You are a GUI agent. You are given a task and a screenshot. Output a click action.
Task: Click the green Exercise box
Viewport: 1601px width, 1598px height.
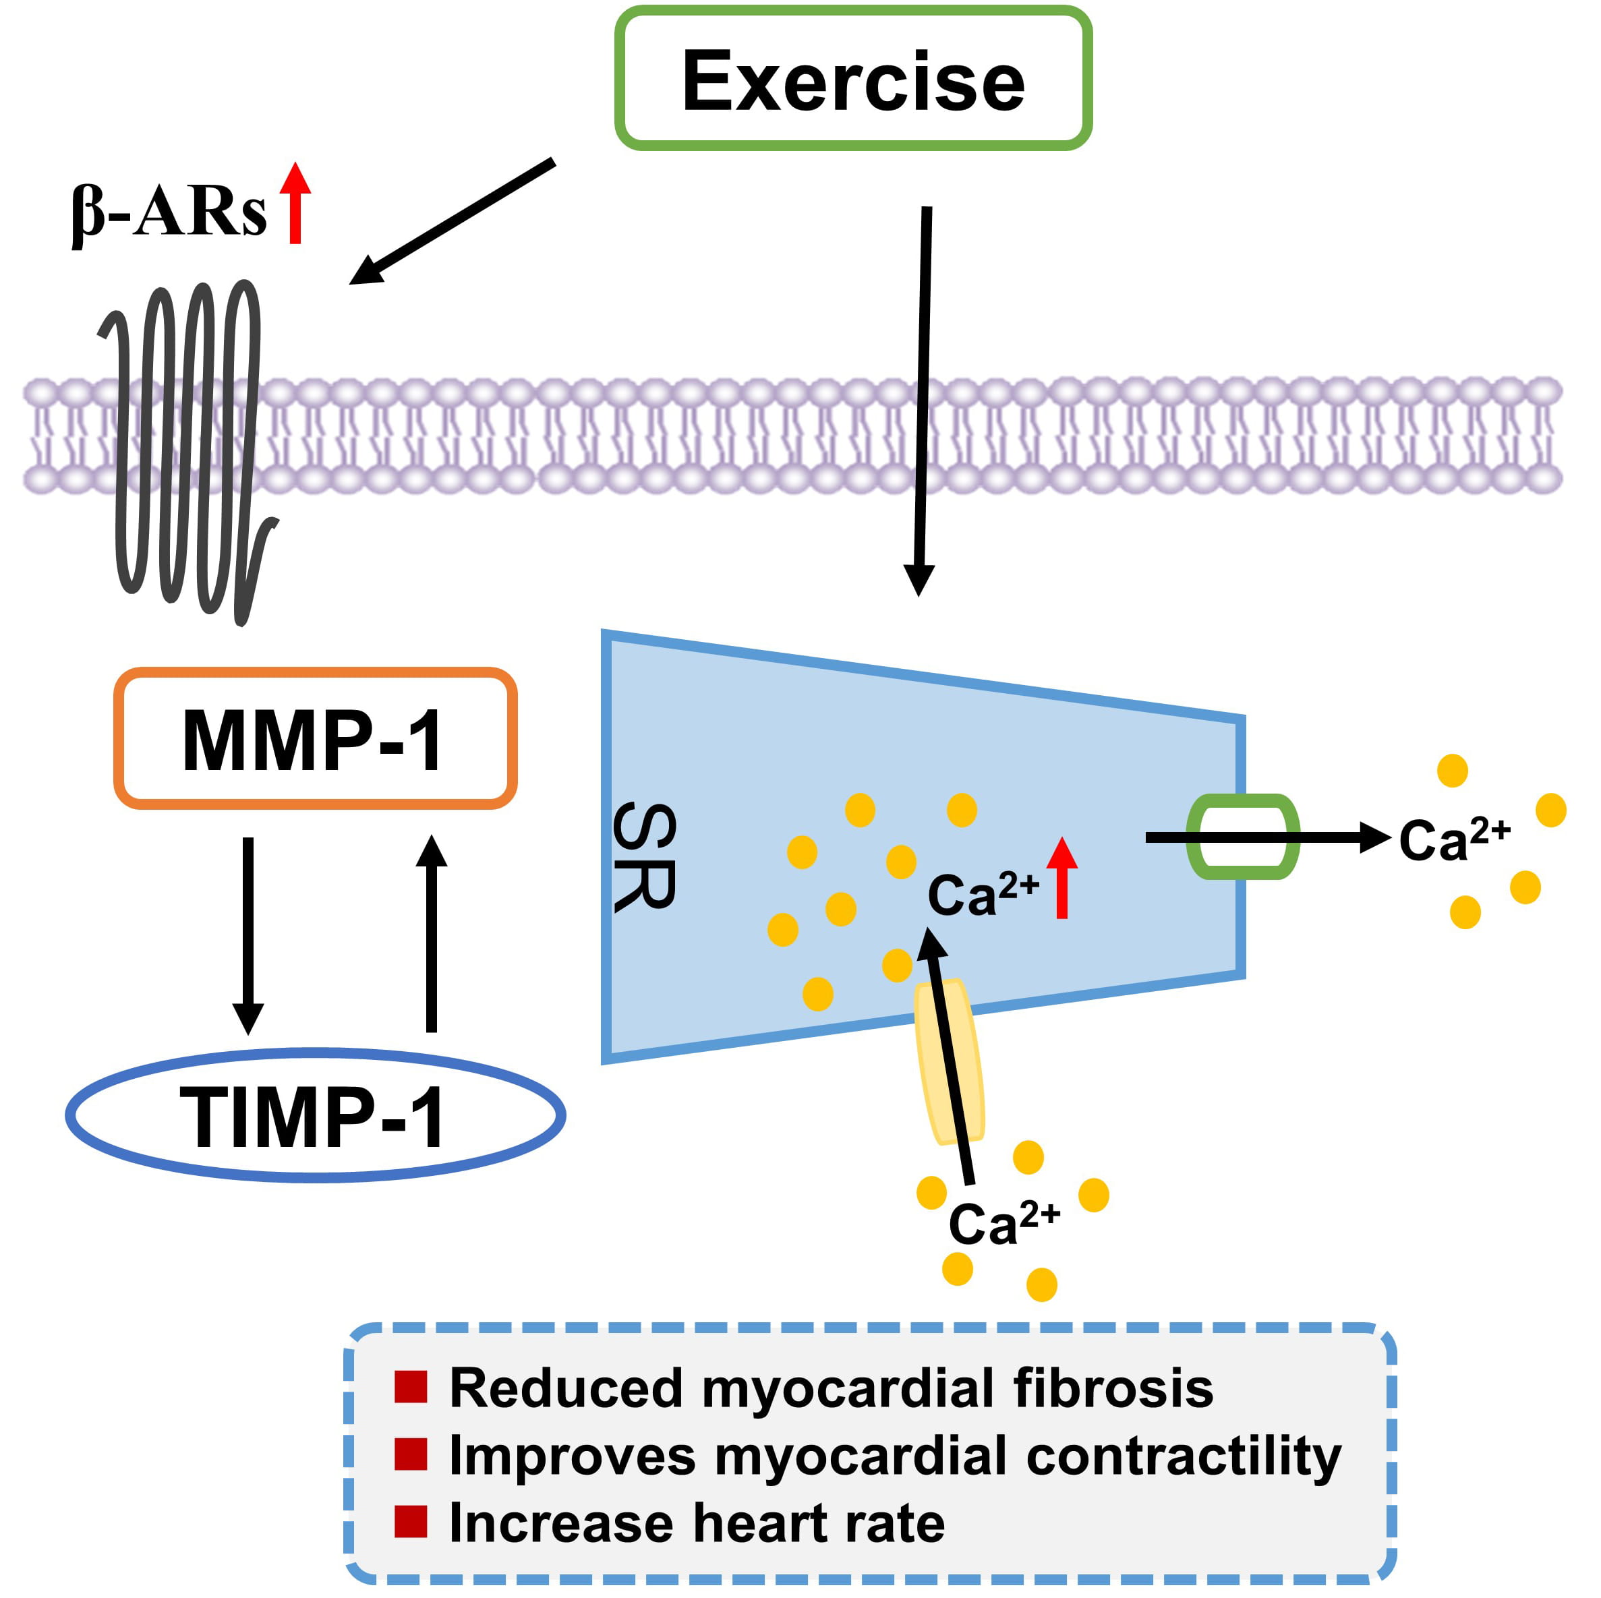pos(852,79)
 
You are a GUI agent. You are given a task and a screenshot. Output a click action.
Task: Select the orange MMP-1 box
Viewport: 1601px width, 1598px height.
pos(315,738)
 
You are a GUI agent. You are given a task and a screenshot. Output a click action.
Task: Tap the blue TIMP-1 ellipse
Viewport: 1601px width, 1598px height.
pos(315,1116)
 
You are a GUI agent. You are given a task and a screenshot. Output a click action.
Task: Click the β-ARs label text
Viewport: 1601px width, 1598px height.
pos(169,214)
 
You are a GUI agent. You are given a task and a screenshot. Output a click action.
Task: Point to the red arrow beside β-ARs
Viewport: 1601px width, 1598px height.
pos(295,203)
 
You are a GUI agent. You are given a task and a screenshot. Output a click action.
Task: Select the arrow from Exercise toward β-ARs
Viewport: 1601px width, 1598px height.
pos(452,221)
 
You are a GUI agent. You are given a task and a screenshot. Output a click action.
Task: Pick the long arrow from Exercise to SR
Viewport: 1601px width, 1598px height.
pos(923,398)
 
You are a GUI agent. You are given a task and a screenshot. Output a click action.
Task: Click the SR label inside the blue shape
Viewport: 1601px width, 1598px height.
pos(645,856)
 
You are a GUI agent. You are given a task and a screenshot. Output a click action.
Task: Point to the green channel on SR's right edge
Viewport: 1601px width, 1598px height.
pos(1242,837)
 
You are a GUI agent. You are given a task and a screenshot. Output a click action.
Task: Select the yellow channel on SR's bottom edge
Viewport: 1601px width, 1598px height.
pos(950,1062)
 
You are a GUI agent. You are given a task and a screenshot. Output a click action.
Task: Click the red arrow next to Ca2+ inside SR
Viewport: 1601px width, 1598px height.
pos(1061,878)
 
